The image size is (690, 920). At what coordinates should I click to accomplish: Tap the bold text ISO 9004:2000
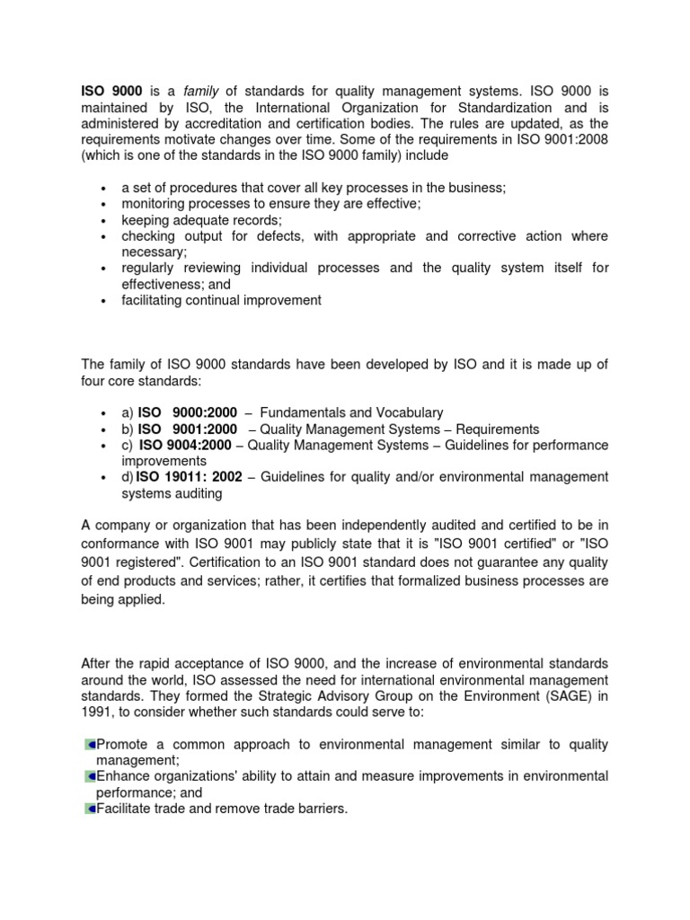pos(191,446)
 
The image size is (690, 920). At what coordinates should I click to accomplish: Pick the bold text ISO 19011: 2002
pos(190,477)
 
